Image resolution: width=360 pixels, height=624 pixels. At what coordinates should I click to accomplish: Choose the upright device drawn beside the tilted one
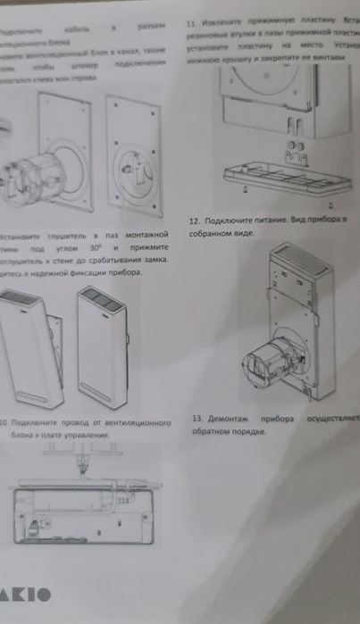coord(102,344)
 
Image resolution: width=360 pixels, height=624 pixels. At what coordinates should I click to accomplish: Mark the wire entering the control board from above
coord(83,462)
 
